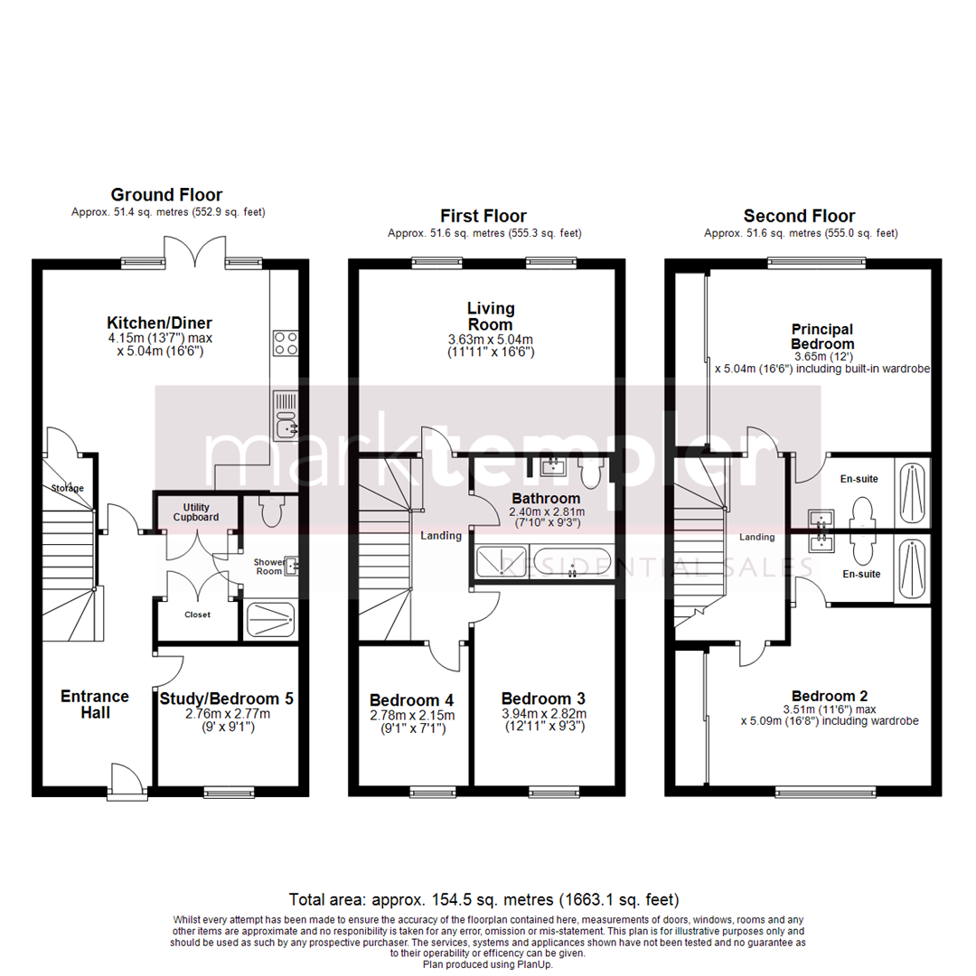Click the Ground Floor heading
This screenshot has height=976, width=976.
click(x=166, y=194)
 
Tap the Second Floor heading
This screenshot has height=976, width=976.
click(x=799, y=216)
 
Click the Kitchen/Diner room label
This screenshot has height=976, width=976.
click(x=159, y=323)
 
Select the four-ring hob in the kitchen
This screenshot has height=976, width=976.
click(x=286, y=343)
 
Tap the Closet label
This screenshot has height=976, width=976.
click(x=197, y=615)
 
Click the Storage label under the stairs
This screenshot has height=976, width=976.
click(x=67, y=488)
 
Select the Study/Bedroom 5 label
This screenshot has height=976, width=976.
click(x=226, y=698)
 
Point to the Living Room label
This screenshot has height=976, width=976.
click(x=490, y=316)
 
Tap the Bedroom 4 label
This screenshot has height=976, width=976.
click(x=411, y=699)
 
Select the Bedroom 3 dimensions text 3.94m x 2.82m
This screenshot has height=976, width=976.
click(x=544, y=714)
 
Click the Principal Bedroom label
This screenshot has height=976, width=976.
click(x=822, y=336)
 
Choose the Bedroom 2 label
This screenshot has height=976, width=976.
click(x=829, y=696)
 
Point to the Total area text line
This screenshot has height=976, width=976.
click(x=483, y=900)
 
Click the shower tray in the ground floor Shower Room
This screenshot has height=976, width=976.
click(x=270, y=621)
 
